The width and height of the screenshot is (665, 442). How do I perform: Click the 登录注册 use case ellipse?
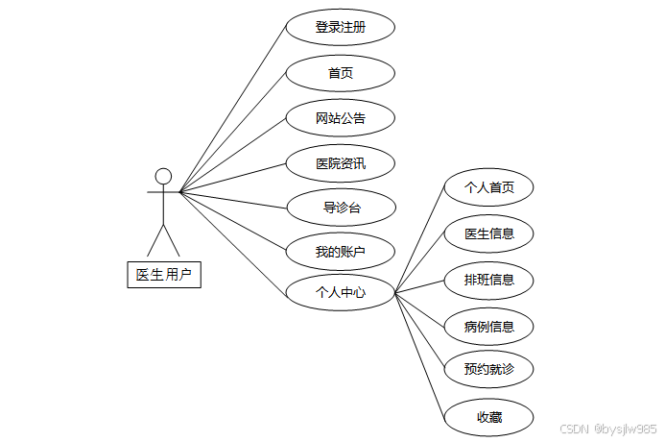click(341, 28)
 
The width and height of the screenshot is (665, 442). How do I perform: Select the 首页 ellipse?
click(341, 73)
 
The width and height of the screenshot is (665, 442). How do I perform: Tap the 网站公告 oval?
click(341, 118)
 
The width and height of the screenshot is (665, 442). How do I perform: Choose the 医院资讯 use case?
click(341, 163)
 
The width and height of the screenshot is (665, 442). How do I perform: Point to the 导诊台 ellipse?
click(341, 207)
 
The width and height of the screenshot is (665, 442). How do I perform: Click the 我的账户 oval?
click(341, 252)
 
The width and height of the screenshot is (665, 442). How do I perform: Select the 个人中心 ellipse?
click(341, 292)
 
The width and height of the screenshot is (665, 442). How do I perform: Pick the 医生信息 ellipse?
click(489, 233)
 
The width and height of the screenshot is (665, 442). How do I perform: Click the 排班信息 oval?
click(489, 280)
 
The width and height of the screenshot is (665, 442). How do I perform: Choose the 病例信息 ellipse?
click(489, 326)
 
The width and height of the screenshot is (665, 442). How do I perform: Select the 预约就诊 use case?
click(489, 369)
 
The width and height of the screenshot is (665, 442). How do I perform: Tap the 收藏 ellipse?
click(489, 417)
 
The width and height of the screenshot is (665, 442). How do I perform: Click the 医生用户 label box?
click(164, 275)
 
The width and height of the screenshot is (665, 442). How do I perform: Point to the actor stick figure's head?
click(164, 176)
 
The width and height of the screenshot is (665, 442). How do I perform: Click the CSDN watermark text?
click(606, 429)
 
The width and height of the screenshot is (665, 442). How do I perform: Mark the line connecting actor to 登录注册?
click(233, 109)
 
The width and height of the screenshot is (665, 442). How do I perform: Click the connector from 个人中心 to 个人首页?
click(420, 241)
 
